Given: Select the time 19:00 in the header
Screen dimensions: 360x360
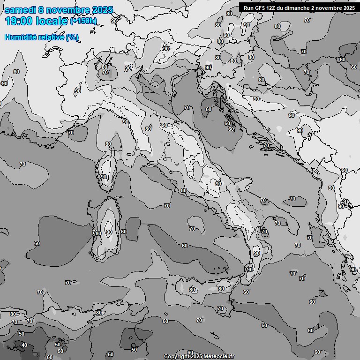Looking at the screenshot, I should click(x=21, y=21).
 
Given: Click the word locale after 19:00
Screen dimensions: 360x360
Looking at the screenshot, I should click(x=53, y=21).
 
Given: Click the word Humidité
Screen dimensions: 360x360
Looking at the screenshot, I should click(x=19, y=37).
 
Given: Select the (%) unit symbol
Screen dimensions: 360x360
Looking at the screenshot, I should click(x=72, y=37).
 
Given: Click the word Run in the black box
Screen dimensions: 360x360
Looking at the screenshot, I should click(x=248, y=7).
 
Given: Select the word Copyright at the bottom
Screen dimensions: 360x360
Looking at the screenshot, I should click(x=177, y=356).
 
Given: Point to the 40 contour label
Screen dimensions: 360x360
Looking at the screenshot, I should click(x=24, y=345).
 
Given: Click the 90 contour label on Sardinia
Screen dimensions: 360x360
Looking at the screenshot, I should click(x=109, y=232).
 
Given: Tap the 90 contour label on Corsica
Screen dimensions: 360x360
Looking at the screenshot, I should click(x=104, y=177).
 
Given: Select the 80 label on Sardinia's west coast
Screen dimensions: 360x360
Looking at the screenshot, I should click(x=98, y=233).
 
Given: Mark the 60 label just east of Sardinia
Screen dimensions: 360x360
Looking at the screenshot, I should click(x=123, y=232).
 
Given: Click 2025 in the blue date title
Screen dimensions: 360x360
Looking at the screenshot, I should click(x=103, y=10).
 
